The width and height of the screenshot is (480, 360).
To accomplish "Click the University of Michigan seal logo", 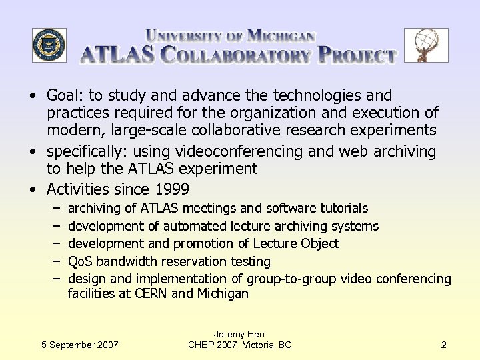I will point(49,45).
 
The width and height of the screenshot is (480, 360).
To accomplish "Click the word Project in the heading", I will point(357,55).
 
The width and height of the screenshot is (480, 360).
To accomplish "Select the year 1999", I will point(171,189).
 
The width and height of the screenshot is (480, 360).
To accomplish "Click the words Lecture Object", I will point(293,243).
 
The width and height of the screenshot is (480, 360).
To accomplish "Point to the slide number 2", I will point(444,345).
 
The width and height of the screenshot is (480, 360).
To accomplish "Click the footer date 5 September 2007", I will point(79,345).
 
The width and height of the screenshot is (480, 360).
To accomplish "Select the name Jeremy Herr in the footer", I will point(239,333).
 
